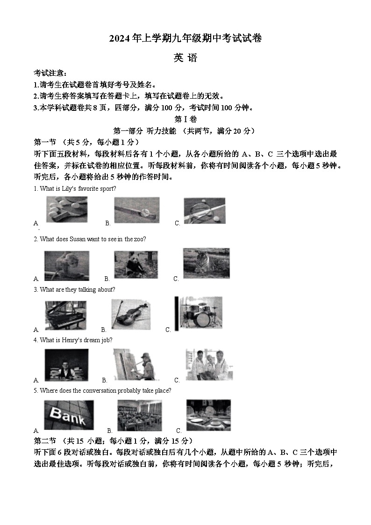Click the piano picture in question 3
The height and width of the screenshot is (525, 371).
click(x=65, y=315)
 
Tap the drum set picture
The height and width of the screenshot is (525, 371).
click(x=198, y=312)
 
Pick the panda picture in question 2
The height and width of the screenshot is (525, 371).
click(x=133, y=265)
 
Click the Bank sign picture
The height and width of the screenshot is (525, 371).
click(x=68, y=415)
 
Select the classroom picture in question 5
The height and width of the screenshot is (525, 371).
click(x=139, y=415)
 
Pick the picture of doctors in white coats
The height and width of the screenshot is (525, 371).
click(x=209, y=364)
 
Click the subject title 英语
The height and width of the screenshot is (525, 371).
click(x=185, y=58)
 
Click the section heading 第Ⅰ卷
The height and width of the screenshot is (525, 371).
click(x=185, y=119)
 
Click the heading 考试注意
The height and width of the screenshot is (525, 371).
click(x=50, y=73)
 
